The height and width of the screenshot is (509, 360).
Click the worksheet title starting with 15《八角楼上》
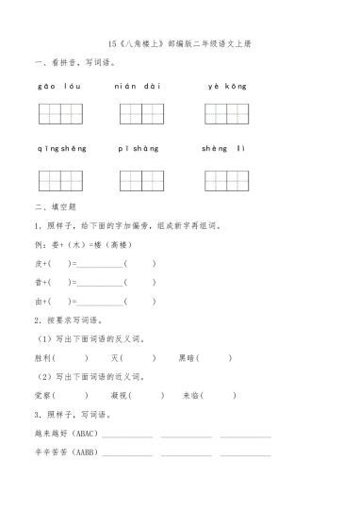tap(179, 43)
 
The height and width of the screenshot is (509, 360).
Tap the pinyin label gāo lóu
tap(57, 86)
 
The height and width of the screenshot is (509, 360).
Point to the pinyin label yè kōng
tap(227, 86)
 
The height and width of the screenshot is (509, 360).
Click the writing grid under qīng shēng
tap(61, 180)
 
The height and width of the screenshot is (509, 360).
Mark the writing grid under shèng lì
tap(227, 180)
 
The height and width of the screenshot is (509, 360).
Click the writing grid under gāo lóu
tap(61, 114)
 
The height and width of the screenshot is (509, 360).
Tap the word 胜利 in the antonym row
tap(43, 357)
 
